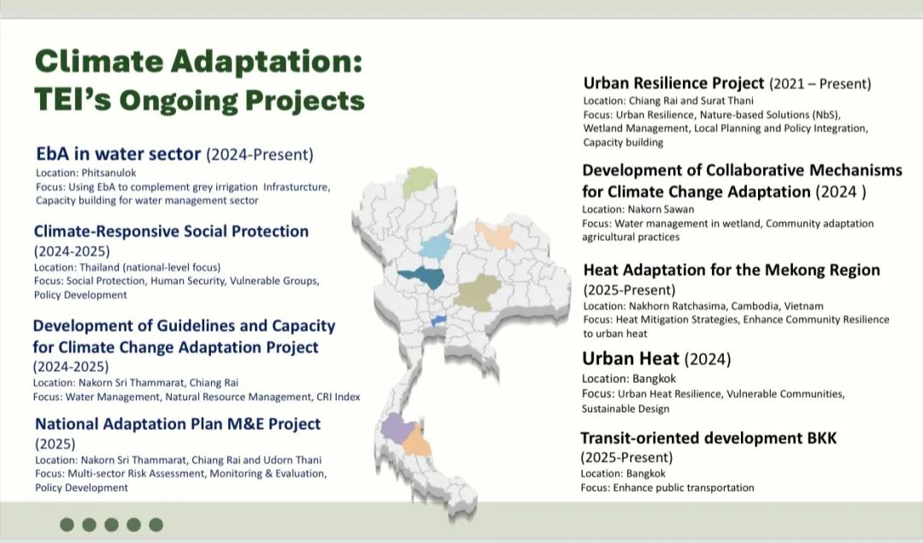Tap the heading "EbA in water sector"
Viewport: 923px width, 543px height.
[x=118, y=154]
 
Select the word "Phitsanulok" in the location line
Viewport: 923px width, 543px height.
[x=109, y=173]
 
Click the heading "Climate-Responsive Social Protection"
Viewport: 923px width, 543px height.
[x=171, y=231]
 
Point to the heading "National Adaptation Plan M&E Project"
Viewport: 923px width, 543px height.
[x=178, y=424]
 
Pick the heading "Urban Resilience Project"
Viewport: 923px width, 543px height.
[x=673, y=83]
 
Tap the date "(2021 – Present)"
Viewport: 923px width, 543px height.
[x=820, y=84]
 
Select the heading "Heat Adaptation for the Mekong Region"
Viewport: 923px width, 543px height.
[x=732, y=269]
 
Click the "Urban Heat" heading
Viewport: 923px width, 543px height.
[x=631, y=358]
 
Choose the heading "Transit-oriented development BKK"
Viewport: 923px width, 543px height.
[x=708, y=438]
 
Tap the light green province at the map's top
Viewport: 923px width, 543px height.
[x=420, y=181]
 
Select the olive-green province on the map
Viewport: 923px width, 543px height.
[x=478, y=292]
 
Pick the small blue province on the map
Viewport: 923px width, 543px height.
[x=438, y=321]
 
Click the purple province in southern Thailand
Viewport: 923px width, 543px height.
[x=397, y=428]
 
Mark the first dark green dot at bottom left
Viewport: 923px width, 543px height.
[x=68, y=524]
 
